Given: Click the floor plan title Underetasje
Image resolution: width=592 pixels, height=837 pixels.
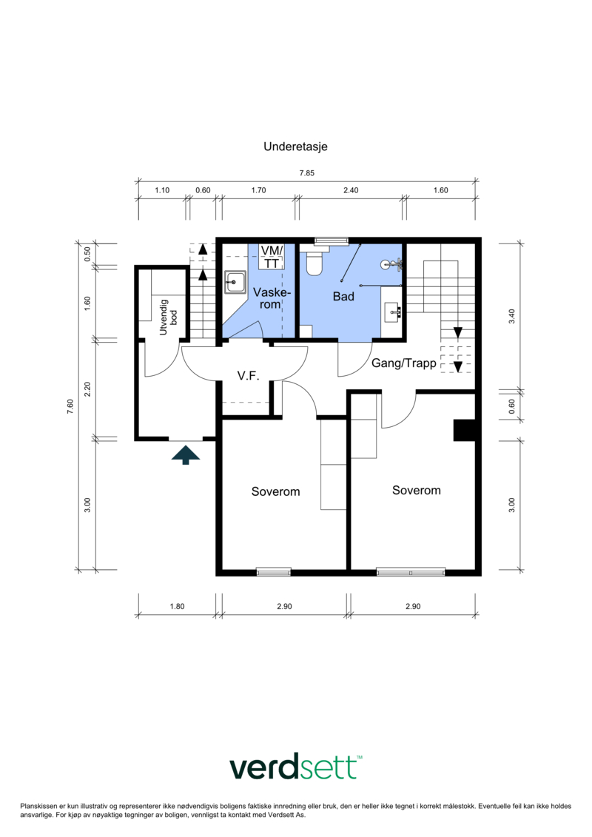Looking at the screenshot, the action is pyautogui.click(x=295, y=147).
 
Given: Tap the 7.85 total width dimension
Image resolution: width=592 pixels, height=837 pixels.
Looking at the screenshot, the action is pyautogui.click(x=307, y=173).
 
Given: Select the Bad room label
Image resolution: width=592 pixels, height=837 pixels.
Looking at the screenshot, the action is pyautogui.click(x=343, y=296).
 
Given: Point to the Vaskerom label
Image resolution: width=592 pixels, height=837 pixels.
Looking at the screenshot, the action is pyautogui.click(x=272, y=298).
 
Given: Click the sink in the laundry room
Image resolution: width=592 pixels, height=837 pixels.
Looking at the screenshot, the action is pyautogui.click(x=235, y=282).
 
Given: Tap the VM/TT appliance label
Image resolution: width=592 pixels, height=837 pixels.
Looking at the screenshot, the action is pyautogui.click(x=272, y=257).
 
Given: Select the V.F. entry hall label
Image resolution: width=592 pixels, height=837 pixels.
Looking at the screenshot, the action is pyautogui.click(x=248, y=376).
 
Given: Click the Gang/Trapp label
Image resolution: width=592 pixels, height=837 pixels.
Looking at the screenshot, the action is pyautogui.click(x=403, y=363).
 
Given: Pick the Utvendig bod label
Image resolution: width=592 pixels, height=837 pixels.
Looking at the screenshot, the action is pyautogui.click(x=168, y=317).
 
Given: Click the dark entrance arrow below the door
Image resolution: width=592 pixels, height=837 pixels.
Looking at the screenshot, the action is pyautogui.click(x=186, y=455).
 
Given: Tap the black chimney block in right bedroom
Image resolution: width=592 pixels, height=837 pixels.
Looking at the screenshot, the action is pyautogui.click(x=464, y=431).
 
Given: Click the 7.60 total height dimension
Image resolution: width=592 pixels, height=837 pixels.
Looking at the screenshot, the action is pyautogui.click(x=70, y=406).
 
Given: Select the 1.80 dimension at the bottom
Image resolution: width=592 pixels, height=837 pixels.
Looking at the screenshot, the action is pyautogui.click(x=177, y=606).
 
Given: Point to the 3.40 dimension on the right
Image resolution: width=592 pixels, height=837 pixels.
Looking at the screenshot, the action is pyautogui.click(x=512, y=316).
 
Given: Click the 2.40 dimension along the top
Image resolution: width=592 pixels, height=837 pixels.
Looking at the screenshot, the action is pyautogui.click(x=351, y=190).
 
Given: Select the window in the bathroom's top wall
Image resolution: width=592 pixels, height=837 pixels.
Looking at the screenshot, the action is pyautogui.click(x=332, y=241).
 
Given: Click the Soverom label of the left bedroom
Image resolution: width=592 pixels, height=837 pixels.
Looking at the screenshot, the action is pyautogui.click(x=275, y=491).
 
